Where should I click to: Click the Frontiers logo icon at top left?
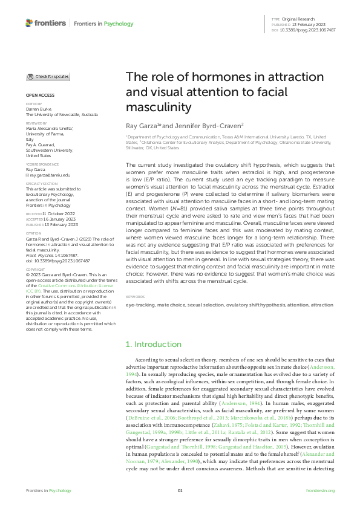tap(30, 23)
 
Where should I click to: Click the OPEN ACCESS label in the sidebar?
tap(40, 96)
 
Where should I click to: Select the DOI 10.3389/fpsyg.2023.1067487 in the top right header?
tap(313, 30)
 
